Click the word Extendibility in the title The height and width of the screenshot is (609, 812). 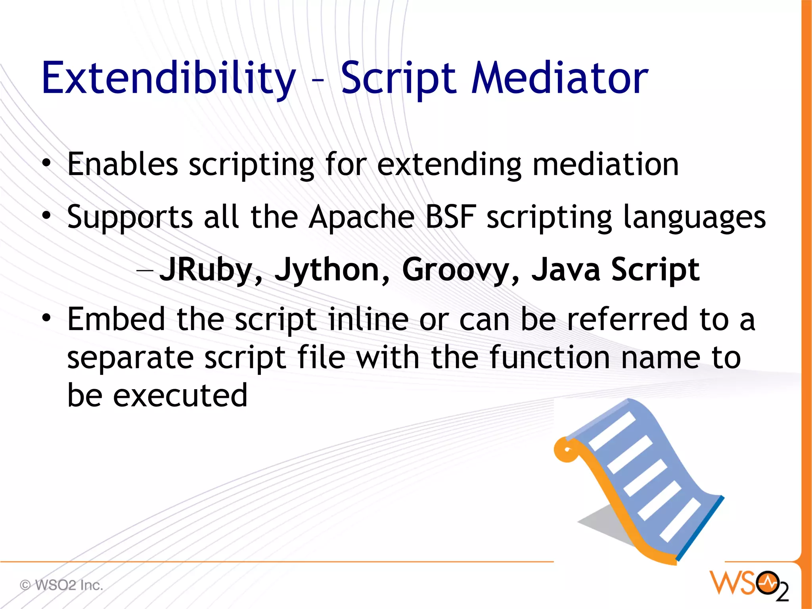(x=169, y=79)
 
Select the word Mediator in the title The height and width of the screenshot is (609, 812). (x=559, y=79)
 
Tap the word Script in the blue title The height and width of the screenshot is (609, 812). (x=399, y=79)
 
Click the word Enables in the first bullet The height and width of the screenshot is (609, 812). (x=122, y=164)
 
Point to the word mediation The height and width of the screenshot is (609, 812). (x=605, y=164)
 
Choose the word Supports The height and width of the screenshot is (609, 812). (x=130, y=217)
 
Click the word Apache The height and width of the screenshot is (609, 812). (x=361, y=217)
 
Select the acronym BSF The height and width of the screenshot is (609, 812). (x=450, y=217)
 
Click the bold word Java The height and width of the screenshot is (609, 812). (x=566, y=270)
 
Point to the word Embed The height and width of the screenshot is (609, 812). (x=116, y=319)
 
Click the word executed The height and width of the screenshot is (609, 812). (x=180, y=396)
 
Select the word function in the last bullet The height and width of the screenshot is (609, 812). (x=550, y=357)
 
